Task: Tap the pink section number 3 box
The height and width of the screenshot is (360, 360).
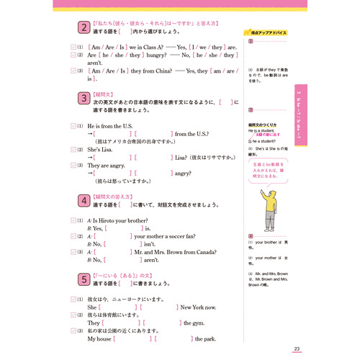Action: (64, 100)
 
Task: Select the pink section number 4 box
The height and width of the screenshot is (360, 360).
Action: (64, 201)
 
